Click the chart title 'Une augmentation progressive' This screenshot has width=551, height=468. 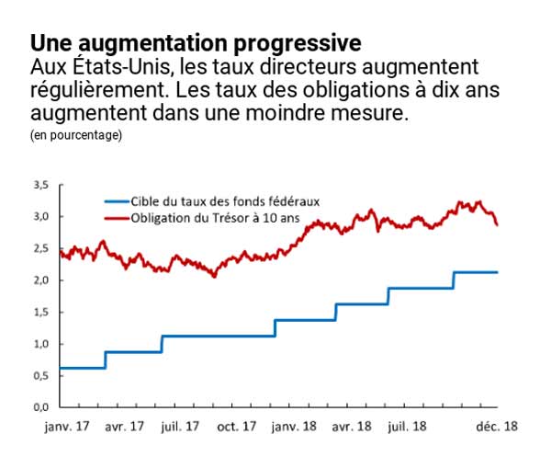click(196, 43)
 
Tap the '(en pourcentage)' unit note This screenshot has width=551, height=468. click(76, 135)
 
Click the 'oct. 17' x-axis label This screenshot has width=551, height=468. click(236, 427)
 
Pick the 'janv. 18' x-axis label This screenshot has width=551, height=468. click(292, 427)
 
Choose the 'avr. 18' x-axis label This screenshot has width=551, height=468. click(350, 427)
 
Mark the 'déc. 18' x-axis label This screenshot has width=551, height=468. click(497, 427)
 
